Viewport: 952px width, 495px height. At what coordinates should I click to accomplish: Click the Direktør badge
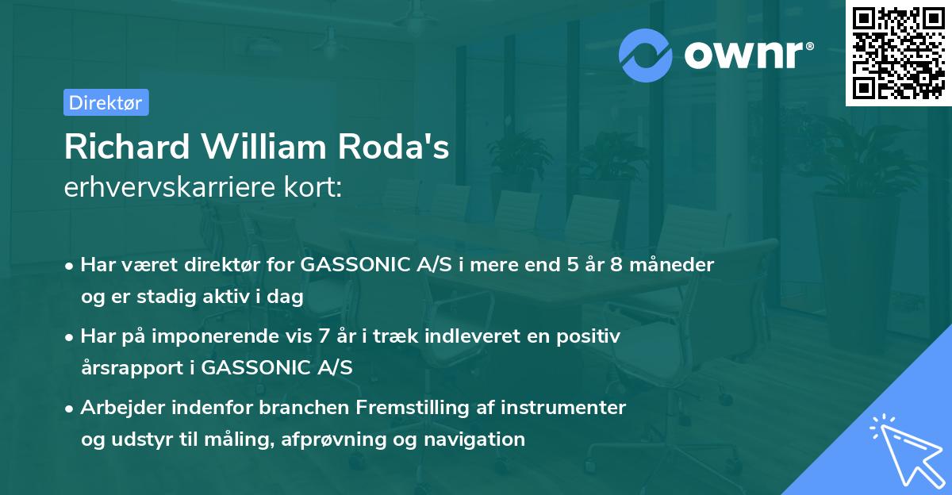click(106, 102)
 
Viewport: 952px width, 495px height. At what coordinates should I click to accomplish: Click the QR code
click(898, 53)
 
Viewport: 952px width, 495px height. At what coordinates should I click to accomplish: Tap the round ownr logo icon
click(646, 56)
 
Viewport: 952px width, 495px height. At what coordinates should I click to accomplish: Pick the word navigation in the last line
click(479, 439)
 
